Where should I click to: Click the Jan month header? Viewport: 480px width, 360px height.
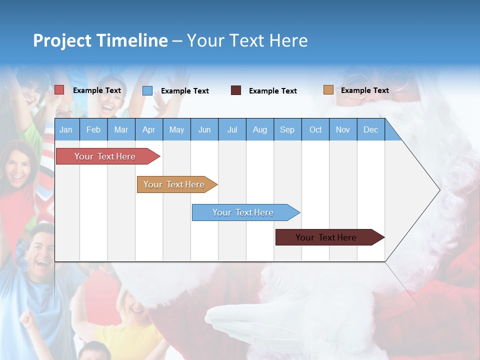pyautogui.click(x=66, y=129)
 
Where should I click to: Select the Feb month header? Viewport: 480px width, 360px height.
pyautogui.click(x=93, y=129)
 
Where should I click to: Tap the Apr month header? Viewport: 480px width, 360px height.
pyautogui.click(x=148, y=129)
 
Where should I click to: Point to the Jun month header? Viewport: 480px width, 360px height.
pyautogui.click(x=204, y=129)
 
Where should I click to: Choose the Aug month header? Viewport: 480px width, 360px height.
pyautogui.click(x=259, y=129)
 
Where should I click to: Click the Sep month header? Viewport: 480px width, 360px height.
pyautogui.click(x=287, y=129)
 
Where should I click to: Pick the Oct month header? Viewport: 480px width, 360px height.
pyautogui.click(x=315, y=129)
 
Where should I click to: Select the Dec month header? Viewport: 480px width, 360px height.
pyautogui.click(x=370, y=129)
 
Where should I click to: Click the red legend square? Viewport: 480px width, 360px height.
pyautogui.click(x=59, y=90)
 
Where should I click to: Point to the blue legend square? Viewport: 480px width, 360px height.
pyautogui.click(x=147, y=90)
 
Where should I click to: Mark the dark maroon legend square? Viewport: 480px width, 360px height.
pyautogui.click(x=236, y=90)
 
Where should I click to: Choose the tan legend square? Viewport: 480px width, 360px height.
pyautogui.click(x=328, y=90)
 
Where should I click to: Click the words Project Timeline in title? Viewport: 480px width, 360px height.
pyautogui.click(x=100, y=40)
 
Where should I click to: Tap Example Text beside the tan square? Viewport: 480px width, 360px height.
pyautogui.click(x=364, y=90)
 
